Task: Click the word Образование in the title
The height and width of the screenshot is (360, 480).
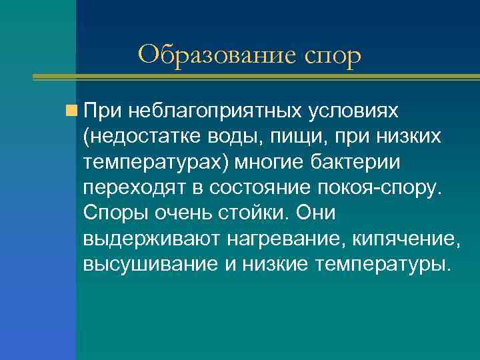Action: point(217,54)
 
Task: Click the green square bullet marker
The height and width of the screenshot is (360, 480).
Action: point(72,109)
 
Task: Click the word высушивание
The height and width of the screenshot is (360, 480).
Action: point(145,264)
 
